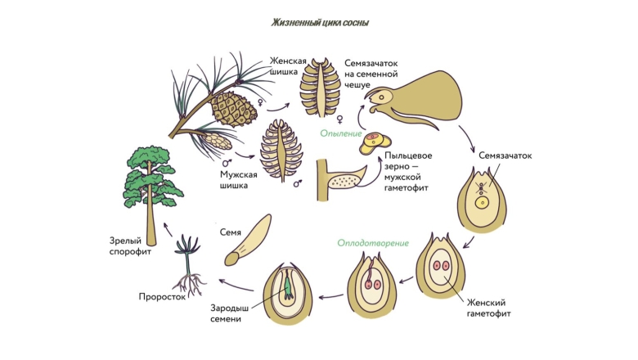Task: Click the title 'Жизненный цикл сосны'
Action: coord(320,23)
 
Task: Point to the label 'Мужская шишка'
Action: coord(238,179)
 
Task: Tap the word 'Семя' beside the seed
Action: coord(230,232)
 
